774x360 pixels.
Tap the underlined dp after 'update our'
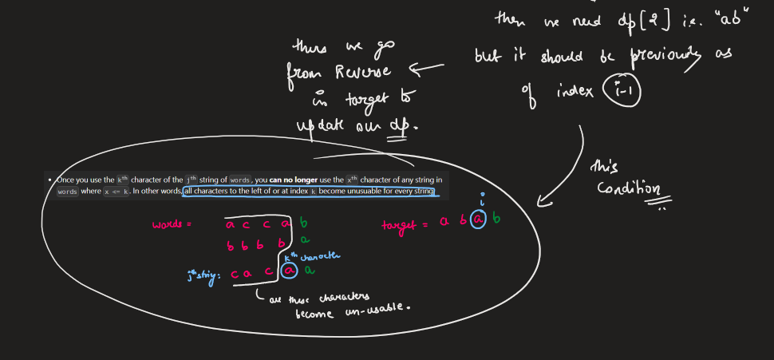[x=397, y=126]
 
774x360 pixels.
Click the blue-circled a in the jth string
[x=290, y=272]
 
